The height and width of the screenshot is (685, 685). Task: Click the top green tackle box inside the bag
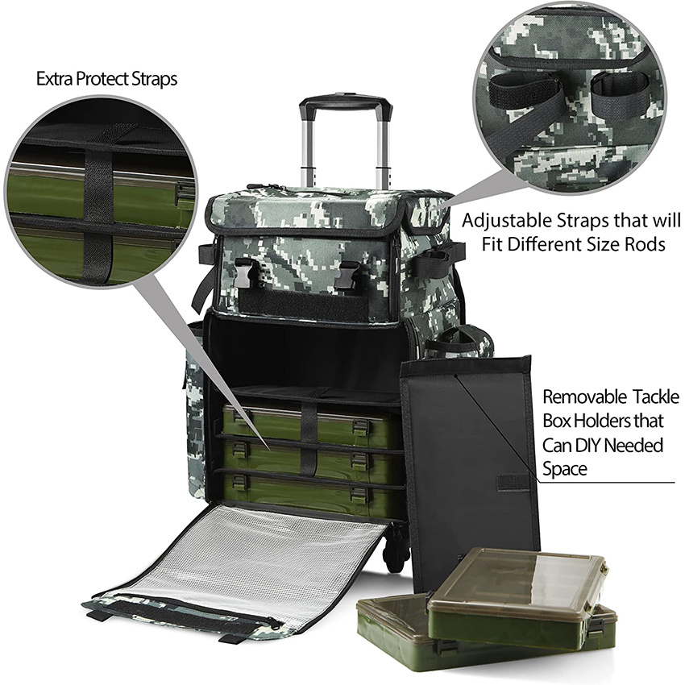coord(306,426)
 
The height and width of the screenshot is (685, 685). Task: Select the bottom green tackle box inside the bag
coord(306,488)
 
